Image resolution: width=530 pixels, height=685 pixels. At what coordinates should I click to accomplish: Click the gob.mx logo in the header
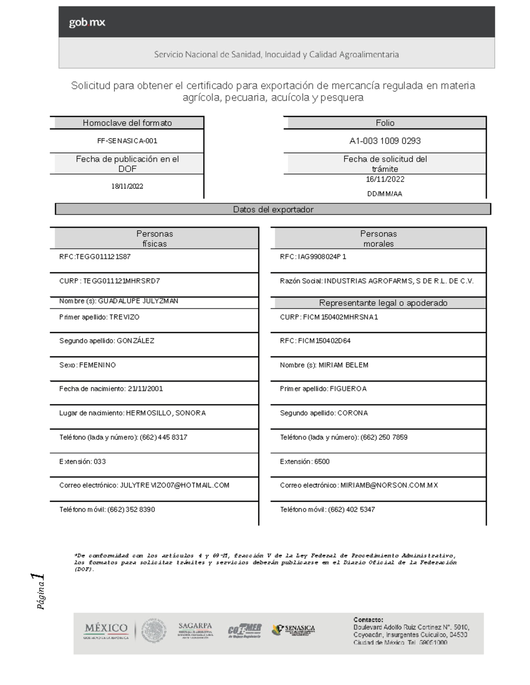tap(87, 22)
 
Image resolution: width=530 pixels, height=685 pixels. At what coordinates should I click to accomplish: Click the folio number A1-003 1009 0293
tap(385, 141)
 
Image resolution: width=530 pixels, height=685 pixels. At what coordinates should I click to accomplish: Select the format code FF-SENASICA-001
tap(127, 141)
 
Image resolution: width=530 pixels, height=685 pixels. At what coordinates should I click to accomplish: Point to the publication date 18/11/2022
tap(127, 187)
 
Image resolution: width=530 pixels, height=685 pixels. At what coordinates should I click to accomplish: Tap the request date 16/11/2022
tap(385, 180)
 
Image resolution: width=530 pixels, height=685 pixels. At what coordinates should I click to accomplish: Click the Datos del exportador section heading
tap(273, 210)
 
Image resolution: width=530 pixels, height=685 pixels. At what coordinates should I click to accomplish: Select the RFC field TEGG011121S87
tap(95, 257)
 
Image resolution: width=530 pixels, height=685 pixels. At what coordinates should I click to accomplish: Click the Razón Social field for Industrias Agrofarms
tap(376, 281)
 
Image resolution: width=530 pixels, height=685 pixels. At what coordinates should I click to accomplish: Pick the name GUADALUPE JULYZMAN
tap(119, 301)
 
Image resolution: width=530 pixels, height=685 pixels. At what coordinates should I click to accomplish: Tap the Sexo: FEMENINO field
tap(87, 365)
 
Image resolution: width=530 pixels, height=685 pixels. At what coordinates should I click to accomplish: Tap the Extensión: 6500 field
tap(305, 462)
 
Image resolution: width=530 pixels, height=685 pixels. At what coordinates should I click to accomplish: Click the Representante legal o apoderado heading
tap(383, 303)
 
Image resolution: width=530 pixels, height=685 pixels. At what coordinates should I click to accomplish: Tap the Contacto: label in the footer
tap(368, 619)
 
